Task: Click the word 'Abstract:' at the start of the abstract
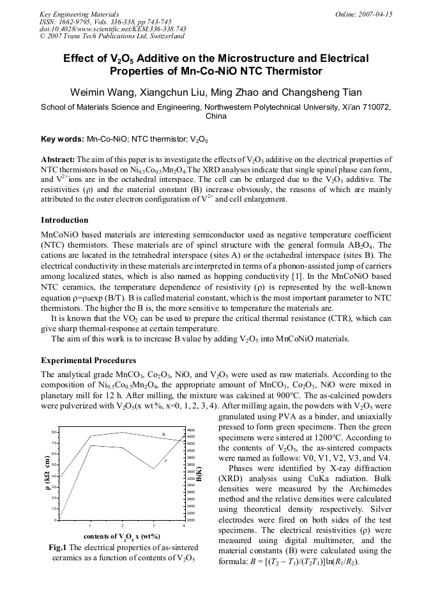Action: (58, 159)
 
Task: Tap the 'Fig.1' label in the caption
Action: (57, 548)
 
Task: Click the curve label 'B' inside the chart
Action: (163, 435)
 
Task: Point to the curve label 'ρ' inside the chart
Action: (165, 460)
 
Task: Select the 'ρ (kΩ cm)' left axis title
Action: (47, 474)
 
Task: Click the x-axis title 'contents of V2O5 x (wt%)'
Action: (121, 536)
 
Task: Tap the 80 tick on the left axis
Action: (55, 432)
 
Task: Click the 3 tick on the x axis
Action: (153, 525)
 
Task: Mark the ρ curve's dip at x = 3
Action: (153, 469)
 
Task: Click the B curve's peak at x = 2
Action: (122, 433)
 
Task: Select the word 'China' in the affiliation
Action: (216, 117)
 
